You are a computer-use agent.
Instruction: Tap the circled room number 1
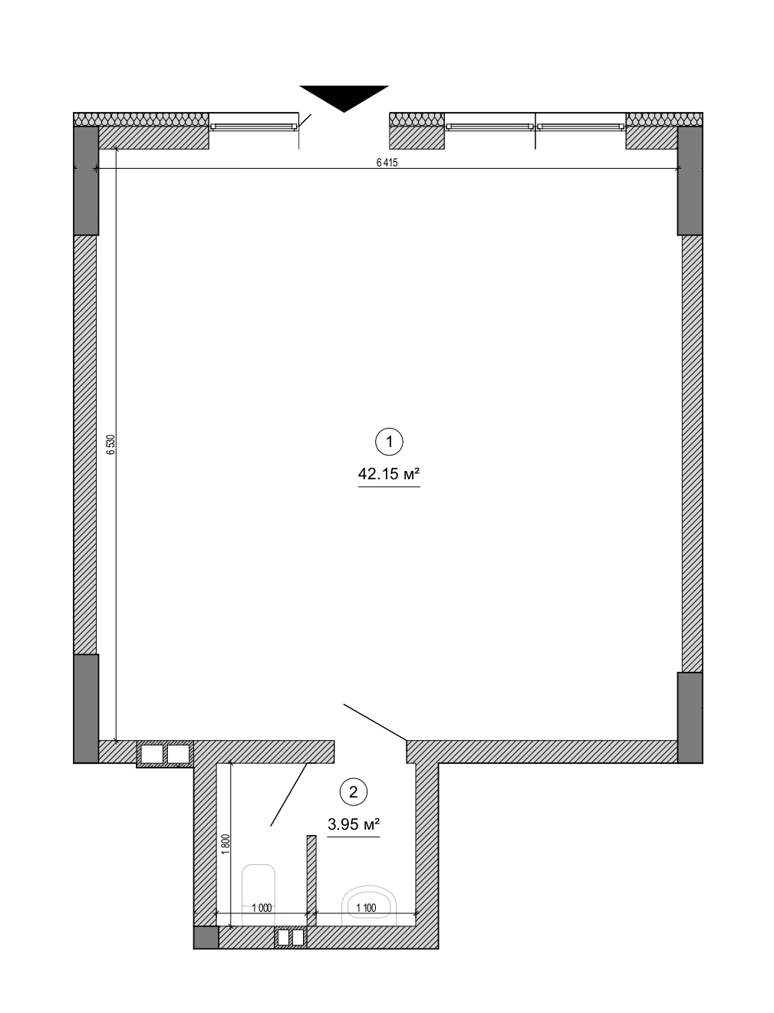[389, 442]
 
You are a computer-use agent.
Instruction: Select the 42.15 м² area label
[389, 475]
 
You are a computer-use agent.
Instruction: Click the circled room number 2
[353, 792]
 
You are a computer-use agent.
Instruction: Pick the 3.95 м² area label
[354, 825]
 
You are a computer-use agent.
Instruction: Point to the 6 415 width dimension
[387, 163]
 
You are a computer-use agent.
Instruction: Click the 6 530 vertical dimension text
[110, 445]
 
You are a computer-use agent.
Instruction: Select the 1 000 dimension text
[262, 908]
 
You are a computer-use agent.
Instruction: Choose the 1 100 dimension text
[366, 908]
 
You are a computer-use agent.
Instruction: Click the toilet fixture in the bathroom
[369, 902]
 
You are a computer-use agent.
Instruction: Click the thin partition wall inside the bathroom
[311, 874]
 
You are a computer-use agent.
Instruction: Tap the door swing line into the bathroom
[289, 794]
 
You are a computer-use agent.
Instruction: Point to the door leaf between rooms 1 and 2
[374, 722]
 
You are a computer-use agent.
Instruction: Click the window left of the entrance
[253, 126]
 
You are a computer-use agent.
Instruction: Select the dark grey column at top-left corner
[86, 180]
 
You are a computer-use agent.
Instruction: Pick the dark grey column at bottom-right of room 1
[690, 717]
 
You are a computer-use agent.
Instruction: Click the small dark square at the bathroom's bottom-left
[206, 937]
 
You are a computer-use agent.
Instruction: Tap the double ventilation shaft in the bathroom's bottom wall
[291, 937]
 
